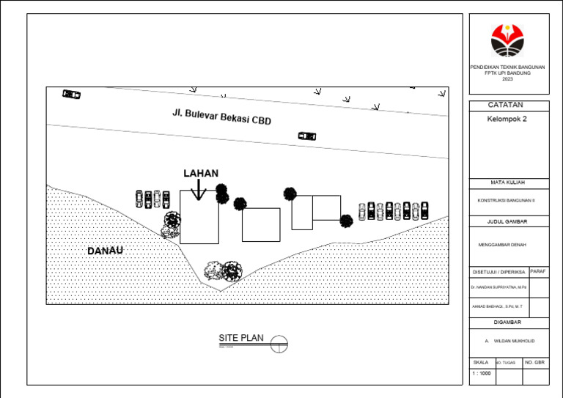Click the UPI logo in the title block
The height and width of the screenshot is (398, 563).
tap(508, 40)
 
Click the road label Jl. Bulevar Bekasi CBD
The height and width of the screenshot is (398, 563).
tap(221, 117)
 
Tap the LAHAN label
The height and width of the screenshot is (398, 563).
tap(201, 174)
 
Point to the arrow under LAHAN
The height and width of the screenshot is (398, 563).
tap(198, 190)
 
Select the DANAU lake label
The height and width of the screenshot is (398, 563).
tap(105, 251)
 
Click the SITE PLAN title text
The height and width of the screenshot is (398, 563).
tap(240, 339)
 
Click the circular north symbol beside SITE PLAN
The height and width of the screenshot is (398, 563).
tap(279, 342)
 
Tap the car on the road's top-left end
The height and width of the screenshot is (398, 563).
tap(71, 94)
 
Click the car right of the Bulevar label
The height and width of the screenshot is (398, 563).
tap(307, 136)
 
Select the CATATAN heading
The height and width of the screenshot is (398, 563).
tap(508, 106)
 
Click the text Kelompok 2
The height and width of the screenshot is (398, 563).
tap(507, 119)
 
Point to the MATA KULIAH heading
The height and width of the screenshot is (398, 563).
tap(508, 183)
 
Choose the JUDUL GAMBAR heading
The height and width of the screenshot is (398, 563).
tap(508, 221)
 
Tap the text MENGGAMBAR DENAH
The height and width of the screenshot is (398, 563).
tap(502, 245)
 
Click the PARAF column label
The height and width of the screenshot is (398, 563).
tap(537, 271)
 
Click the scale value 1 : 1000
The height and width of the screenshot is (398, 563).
tap(482, 374)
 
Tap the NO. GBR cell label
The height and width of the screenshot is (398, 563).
tap(535, 362)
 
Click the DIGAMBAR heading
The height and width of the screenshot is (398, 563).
tap(507, 322)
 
